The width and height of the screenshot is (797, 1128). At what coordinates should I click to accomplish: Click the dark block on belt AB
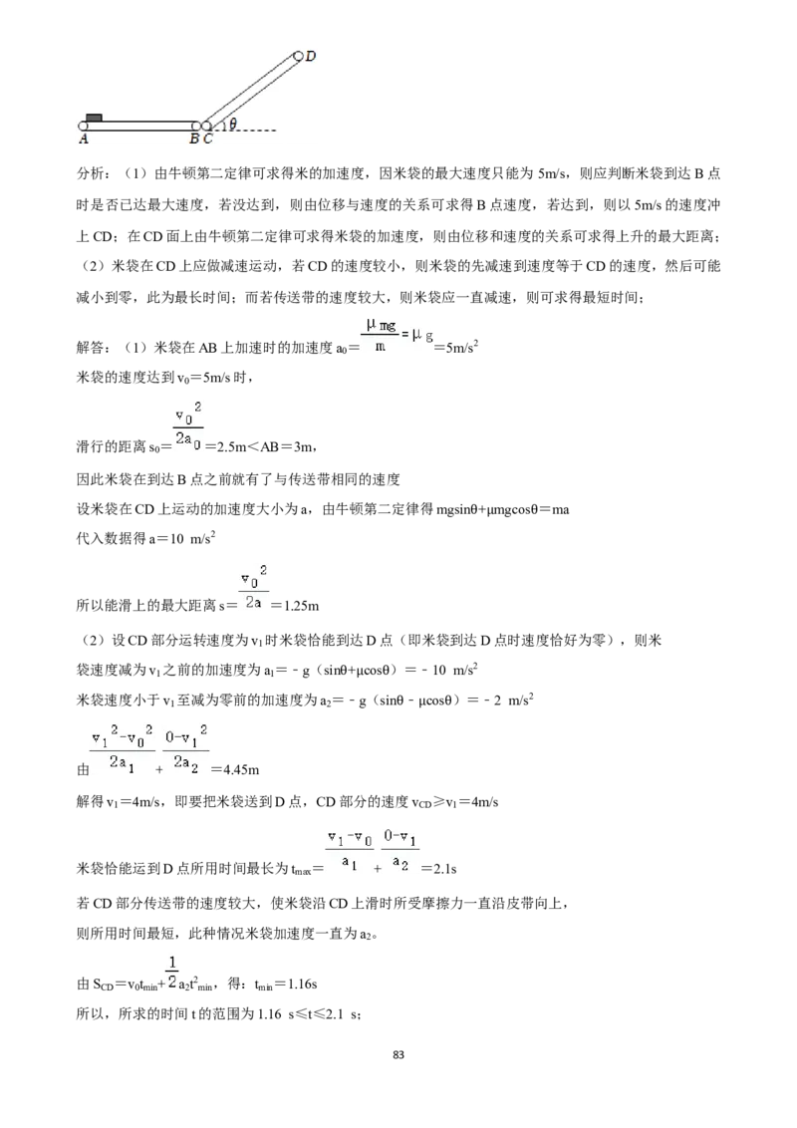(94, 118)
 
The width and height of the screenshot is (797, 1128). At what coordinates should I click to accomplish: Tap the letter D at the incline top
(311, 56)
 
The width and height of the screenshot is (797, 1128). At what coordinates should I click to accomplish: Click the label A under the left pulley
(84, 139)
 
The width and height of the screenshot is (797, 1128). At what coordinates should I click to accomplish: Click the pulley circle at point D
(299, 55)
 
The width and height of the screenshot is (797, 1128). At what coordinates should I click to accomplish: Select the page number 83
(398, 1054)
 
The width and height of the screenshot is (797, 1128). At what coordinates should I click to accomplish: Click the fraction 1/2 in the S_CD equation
(172, 972)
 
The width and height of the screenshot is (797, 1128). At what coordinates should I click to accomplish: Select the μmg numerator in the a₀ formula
(381, 326)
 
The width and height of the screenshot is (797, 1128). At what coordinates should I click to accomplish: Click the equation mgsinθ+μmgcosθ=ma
(503, 510)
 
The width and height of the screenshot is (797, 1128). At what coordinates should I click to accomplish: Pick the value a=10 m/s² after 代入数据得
(182, 538)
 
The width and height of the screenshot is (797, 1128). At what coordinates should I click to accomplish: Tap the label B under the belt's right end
(194, 139)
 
